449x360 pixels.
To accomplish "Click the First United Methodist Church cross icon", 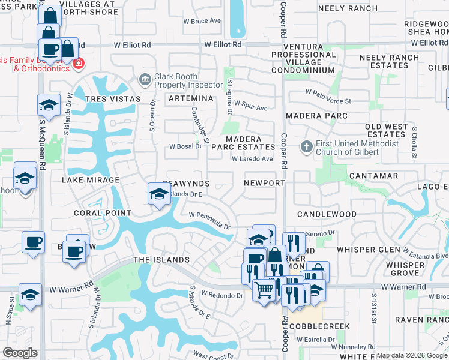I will pos(306,146).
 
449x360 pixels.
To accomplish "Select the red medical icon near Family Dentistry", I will pos(78,63).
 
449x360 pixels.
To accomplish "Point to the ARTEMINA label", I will pos(191,98).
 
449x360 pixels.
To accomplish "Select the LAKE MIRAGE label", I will pos(90,180).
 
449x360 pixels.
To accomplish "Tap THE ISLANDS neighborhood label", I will pos(161,260).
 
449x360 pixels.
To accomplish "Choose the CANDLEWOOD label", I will pos(327,214).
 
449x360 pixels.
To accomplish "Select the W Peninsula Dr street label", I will pos(209,221).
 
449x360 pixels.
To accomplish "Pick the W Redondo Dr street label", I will pos(221,295).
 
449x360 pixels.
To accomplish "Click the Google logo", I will pos(20,353).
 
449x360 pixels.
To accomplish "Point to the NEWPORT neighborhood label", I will pos(264,183).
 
